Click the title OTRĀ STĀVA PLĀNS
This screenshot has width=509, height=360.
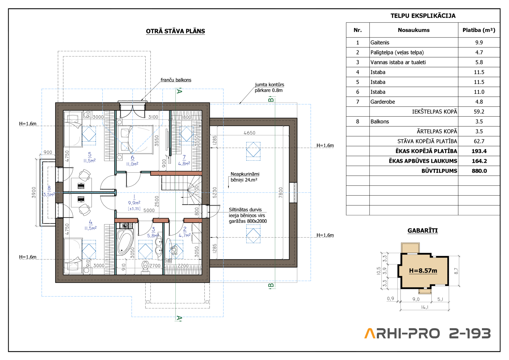click(175, 31)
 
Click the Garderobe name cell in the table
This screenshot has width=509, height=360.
click(382, 102)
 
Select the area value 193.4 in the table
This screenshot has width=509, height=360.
click(479, 151)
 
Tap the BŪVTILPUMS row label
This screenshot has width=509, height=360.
click(439, 171)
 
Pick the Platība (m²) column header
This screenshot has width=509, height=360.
click(479, 30)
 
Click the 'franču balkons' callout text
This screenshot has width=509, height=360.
click(176, 80)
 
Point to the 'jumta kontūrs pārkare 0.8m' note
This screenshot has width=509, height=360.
click(269, 87)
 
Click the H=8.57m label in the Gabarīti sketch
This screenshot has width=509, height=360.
click(423, 271)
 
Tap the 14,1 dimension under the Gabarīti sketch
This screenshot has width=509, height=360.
click(424, 307)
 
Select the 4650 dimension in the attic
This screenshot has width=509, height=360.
click(249, 133)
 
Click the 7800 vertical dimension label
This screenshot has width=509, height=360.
click(280, 192)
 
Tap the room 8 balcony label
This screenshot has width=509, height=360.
click(49, 191)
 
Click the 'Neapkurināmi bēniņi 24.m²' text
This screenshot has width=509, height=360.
click(245, 177)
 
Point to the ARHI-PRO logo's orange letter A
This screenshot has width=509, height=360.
click(370, 333)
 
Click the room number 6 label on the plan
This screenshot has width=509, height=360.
click(132, 158)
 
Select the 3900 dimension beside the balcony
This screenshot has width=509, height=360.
click(34, 192)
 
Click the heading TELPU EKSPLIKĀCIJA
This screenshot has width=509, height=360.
click(423, 16)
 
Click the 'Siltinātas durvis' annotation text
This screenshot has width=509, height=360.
click(245, 210)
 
